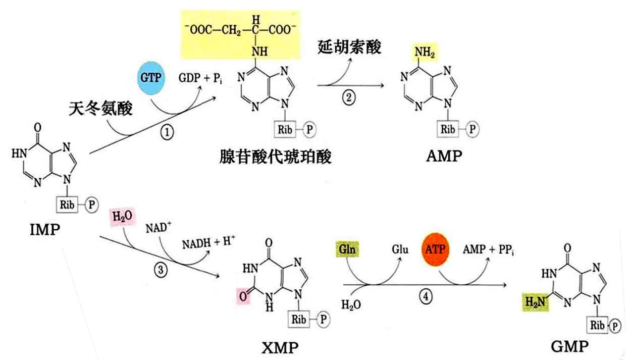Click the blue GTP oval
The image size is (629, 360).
[151, 78]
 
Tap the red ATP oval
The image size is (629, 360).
[435, 249]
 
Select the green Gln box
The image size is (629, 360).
[347, 249]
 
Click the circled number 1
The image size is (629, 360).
[167, 133]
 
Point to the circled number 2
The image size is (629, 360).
[349, 98]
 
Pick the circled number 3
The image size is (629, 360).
[161, 270]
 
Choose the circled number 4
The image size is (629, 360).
[426, 296]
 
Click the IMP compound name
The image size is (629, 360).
[45, 230]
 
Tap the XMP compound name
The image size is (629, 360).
[280, 348]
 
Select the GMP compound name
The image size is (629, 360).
[570, 346]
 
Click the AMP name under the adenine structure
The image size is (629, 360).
[444, 156]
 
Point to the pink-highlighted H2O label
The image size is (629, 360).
[123, 217]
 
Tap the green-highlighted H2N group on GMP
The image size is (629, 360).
[536, 302]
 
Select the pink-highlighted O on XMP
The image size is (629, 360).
[243, 296]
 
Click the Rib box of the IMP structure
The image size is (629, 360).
[67, 204]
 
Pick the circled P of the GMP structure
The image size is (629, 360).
[615, 326]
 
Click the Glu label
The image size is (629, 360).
[400, 249]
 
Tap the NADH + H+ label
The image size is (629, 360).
[208, 243]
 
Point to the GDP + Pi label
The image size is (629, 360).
[200, 78]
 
